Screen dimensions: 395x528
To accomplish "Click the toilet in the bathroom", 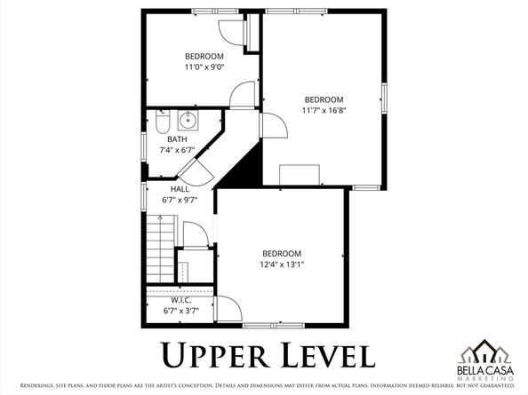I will (x=162, y=118).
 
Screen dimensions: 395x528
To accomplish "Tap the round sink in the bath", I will (x=188, y=121).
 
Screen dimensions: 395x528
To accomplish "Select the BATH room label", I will (x=177, y=139).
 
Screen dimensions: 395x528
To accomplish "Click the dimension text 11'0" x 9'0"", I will (x=204, y=67).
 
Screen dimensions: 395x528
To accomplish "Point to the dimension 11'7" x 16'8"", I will (x=324, y=110).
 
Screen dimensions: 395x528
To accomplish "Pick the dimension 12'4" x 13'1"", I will (x=281, y=265).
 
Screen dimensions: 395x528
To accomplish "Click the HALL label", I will (x=180, y=189).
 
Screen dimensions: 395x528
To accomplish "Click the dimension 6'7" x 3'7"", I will (x=180, y=311).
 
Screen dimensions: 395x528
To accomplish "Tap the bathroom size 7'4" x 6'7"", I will (x=177, y=150).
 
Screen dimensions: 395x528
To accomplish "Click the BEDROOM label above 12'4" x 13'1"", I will (x=281, y=253).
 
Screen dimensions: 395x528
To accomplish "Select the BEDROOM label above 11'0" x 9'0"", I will (x=204, y=56).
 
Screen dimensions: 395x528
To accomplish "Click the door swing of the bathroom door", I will (x=199, y=170).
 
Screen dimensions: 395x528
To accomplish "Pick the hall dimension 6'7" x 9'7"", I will (x=180, y=200).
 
